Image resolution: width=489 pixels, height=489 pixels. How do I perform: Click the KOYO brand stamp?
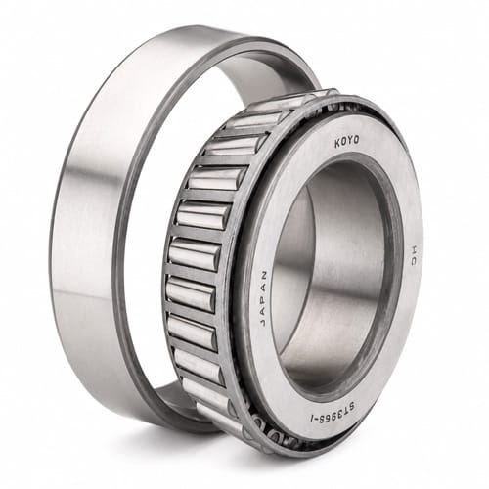[347, 142]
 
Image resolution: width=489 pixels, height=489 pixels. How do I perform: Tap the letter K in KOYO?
[337, 144]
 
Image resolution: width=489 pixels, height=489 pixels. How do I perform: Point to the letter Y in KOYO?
[350, 141]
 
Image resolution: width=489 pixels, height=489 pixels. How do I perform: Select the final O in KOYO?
[356, 140]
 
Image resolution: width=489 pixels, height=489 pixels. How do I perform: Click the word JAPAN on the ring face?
[263, 298]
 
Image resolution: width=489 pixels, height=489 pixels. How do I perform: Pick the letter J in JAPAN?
[263, 322]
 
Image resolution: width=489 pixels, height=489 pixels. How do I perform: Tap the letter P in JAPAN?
[263, 298]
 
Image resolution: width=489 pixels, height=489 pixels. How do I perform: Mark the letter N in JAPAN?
[264, 274]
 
